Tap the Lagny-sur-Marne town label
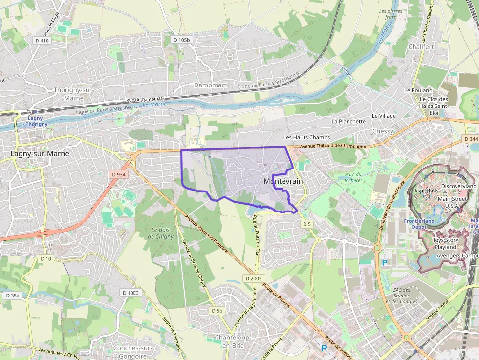(40, 153)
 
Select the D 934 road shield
(118, 174)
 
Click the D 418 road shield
(42, 41)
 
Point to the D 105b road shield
(181, 40)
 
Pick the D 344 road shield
(471, 139)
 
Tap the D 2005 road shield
(254, 278)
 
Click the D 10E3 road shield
(131, 293)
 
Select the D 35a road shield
(13, 296)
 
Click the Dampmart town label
(210, 85)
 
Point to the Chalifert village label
(421, 47)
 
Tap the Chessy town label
(383, 131)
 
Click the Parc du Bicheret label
(353, 177)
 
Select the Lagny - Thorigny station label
(35, 121)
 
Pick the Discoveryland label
(458, 186)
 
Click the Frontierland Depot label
(419, 224)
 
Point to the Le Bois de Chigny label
(163, 233)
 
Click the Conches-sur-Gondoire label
(133, 352)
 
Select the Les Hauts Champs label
(306, 137)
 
